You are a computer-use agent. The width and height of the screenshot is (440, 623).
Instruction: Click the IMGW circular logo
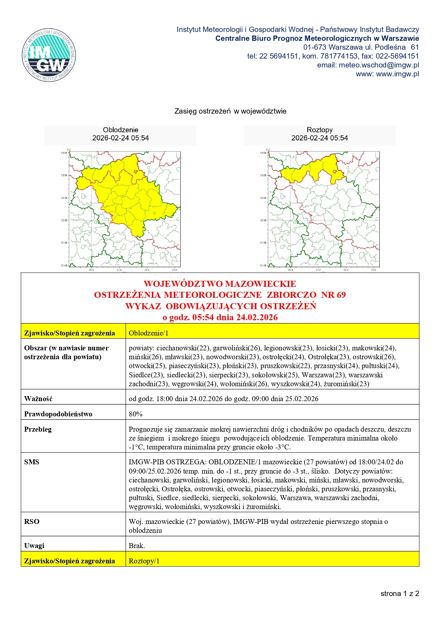49,55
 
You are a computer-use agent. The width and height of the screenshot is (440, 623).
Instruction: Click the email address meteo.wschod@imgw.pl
379,65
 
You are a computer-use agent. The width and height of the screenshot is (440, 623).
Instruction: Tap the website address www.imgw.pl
397,74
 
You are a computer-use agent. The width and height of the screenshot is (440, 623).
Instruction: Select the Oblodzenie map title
121,130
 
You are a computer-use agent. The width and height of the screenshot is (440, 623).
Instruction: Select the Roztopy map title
319,130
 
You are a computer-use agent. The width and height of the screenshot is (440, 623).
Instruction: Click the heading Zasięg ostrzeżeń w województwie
230,111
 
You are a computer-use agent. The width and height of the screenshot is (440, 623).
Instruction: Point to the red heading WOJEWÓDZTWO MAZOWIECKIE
220,284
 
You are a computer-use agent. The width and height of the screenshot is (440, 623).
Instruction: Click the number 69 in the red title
341,295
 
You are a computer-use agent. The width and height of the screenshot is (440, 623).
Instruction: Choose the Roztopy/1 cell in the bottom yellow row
144,561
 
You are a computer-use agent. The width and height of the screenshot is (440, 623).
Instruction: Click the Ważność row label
38,399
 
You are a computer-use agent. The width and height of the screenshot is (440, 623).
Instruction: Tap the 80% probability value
136,414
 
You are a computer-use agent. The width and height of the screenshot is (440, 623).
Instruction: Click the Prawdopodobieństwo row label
58,414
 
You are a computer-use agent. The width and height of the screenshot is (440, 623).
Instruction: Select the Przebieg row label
38,429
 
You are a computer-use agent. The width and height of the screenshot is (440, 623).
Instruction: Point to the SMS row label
32,462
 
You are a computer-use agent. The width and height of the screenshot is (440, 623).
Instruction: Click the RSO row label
32,521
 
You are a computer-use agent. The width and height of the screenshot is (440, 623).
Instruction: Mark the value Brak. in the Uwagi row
137,546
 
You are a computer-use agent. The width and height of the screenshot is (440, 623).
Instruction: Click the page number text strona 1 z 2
400,594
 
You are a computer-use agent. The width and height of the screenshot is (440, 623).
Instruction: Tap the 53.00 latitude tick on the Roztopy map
263,175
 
